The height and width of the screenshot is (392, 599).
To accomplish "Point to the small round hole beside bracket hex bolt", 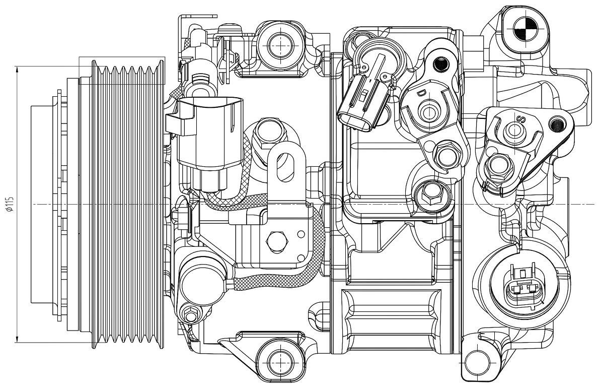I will click(301, 234).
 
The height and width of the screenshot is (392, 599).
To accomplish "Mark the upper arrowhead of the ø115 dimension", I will click(17, 70).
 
